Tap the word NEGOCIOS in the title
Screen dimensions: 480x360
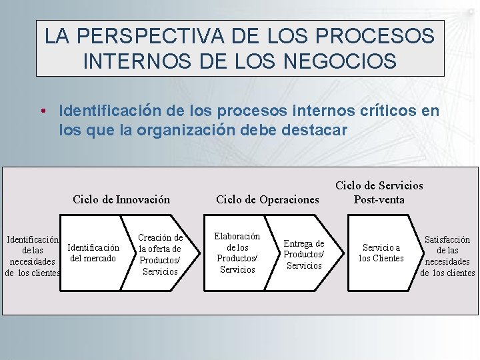[340, 61]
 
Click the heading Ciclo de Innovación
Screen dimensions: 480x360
[121, 199]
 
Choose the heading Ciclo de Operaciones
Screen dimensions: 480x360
[268, 199]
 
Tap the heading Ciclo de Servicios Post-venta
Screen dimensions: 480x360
[379, 193]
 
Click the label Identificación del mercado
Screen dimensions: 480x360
[93, 253]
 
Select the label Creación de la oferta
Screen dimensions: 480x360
[160, 254]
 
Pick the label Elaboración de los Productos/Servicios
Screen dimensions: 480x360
[237, 253]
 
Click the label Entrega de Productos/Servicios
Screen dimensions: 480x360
[304, 255]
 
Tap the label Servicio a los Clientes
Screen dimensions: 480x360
[381, 253]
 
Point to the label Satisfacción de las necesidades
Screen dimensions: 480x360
[447, 255]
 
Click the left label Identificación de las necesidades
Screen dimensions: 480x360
[32, 255]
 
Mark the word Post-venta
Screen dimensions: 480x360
[379, 199]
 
